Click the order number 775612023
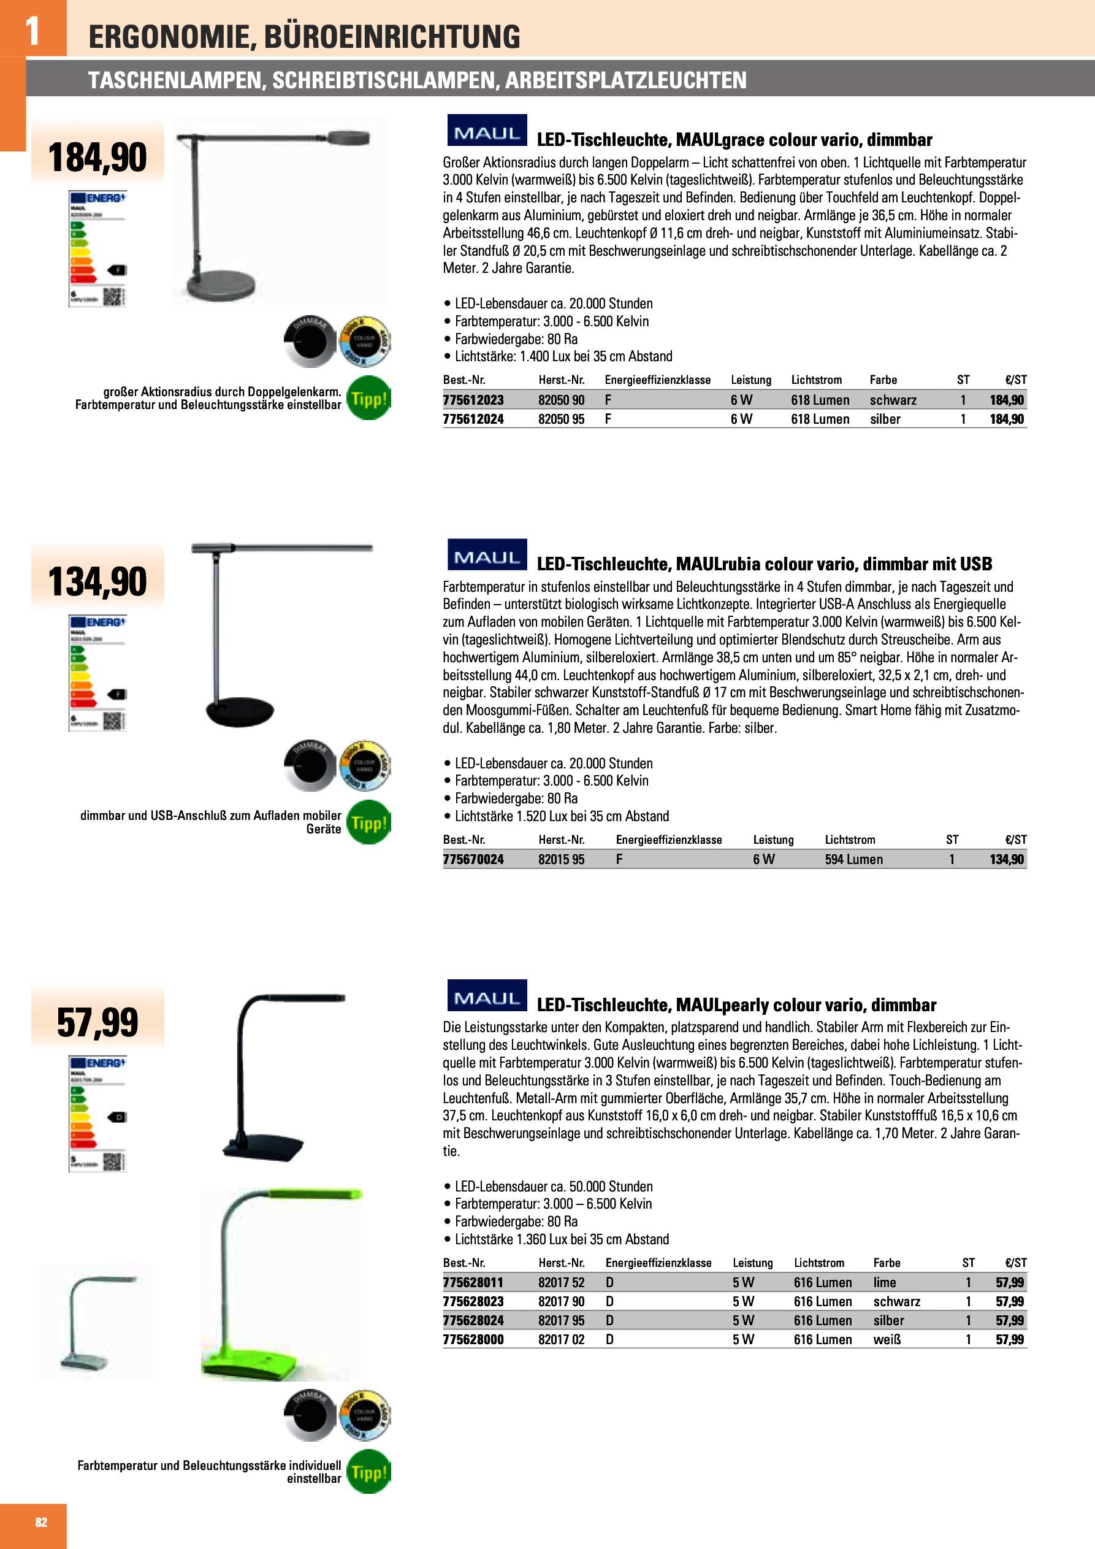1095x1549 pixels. pyautogui.click(x=473, y=400)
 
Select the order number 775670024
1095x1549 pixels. pyautogui.click(x=473, y=860)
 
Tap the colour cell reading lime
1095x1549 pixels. pyautogui.click(x=885, y=1282)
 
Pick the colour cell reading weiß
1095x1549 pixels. pyautogui.click(x=887, y=1339)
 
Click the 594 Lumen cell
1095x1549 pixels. pyautogui.click(x=853, y=860)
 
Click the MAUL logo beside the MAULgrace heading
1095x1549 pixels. pyautogui.click(x=486, y=132)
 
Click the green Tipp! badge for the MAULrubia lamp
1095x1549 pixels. pyautogui.click(x=368, y=822)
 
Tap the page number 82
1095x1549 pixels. pyautogui.click(x=41, y=1521)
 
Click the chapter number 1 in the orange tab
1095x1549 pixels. pyautogui.click(x=32, y=31)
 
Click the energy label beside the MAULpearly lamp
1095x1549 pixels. pyautogui.click(x=97, y=1114)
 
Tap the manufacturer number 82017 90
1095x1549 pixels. pyautogui.click(x=560, y=1301)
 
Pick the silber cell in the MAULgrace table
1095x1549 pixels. pyautogui.click(x=885, y=419)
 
